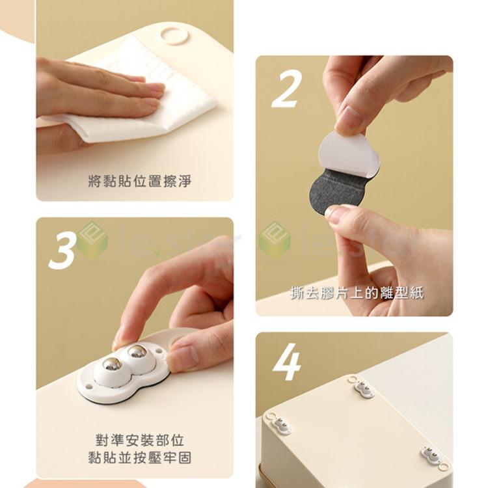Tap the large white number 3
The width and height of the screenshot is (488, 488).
[62, 250]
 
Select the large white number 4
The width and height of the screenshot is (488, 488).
[287, 362]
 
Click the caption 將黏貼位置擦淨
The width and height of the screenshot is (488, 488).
[139, 182]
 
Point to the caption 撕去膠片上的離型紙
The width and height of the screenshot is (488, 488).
[357, 293]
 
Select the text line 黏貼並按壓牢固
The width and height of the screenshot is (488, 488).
[139, 457]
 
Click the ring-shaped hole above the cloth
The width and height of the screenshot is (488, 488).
[174, 34]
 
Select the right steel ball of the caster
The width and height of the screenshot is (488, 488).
[137, 353]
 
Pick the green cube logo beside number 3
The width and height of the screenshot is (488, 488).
[92, 240]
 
